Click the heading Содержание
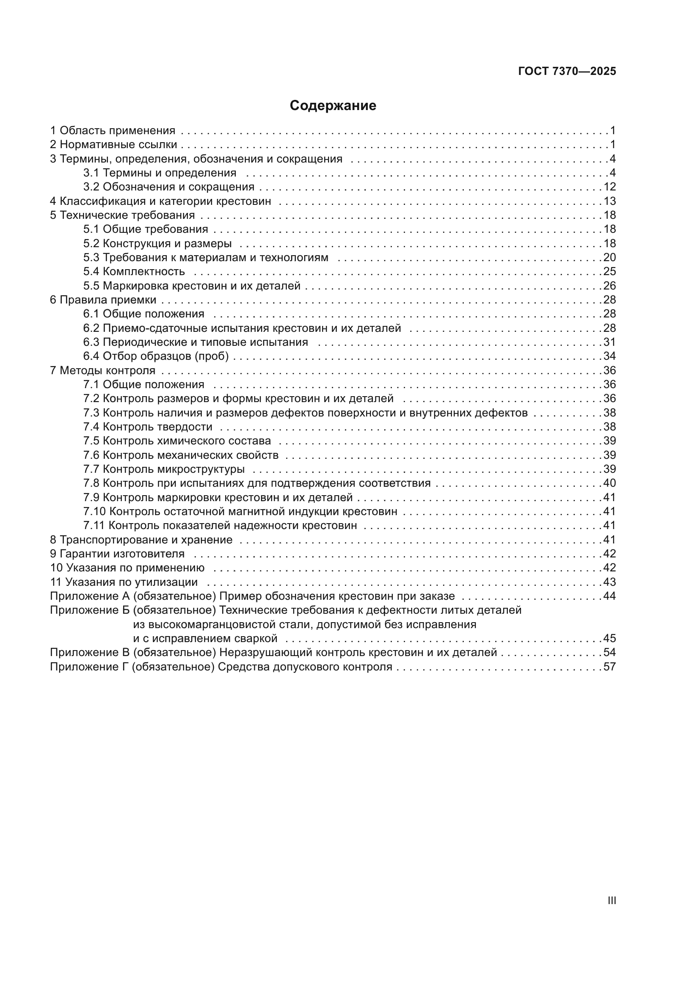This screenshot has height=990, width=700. (x=332, y=106)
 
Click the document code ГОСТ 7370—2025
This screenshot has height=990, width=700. (x=567, y=72)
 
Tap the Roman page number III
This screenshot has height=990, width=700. (x=611, y=900)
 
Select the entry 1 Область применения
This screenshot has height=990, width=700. (x=113, y=130)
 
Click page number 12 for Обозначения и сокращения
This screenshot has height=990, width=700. (x=609, y=187)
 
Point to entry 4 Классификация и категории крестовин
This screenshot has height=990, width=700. (x=160, y=201)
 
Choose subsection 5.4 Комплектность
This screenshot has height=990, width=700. (x=134, y=271)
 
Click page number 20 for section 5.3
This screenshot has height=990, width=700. (x=609, y=257)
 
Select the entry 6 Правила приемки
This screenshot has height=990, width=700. (x=103, y=300)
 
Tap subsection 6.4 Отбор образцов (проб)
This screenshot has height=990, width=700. (x=156, y=356)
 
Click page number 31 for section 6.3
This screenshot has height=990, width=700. (x=609, y=342)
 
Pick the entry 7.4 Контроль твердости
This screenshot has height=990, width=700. (x=148, y=427)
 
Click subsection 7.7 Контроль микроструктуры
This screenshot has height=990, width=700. (x=164, y=469)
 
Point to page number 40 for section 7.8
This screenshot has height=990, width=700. (x=609, y=483)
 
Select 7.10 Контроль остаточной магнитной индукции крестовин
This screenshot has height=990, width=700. (x=240, y=511)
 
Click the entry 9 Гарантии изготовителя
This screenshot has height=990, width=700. (x=117, y=554)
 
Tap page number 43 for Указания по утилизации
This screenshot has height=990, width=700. (x=609, y=582)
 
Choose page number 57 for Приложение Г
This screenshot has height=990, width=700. (x=609, y=667)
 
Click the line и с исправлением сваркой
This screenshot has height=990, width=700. (x=205, y=639)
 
